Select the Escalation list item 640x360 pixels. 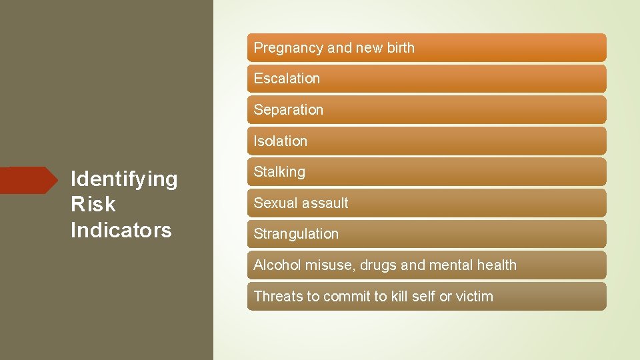coord(287,79)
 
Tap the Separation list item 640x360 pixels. coord(288,110)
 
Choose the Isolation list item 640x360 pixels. coord(280,141)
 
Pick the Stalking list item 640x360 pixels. coord(279,172)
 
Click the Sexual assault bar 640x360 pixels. coord(301,203)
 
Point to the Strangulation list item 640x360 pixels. coord(296,234)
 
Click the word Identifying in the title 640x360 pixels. coord(124,179)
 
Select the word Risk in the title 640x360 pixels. coord(93,205)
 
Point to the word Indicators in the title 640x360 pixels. coord(121,230)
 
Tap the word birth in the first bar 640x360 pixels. coord(399,48)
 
